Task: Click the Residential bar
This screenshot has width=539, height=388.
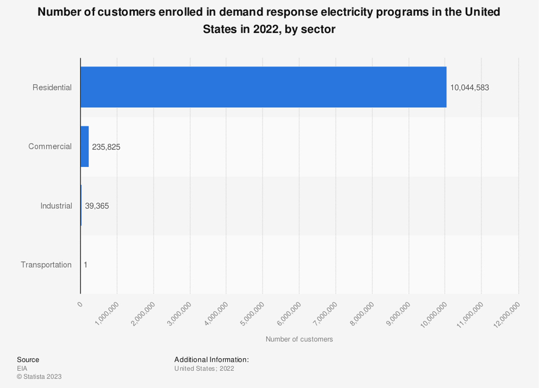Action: (263, 87)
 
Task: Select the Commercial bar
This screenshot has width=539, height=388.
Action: (84, 146)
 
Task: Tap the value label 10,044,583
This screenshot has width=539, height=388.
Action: (469, 88)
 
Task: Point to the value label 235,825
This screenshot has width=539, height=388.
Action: (106, 147)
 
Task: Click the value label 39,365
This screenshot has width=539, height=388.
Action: (97, 206)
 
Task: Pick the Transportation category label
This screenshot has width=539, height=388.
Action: (46, 265)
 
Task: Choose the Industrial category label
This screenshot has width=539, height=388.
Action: (56, 206)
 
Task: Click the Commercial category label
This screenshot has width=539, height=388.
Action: (50, 147)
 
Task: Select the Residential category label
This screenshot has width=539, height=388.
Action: (52, 88)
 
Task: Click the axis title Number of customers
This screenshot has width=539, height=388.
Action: (299, 339)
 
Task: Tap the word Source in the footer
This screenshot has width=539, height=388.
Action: (28, 360)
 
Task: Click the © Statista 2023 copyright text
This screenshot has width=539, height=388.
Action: (39, 377)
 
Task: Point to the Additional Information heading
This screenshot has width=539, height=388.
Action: (212, 360)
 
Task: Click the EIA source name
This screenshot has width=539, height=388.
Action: (22, 368)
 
